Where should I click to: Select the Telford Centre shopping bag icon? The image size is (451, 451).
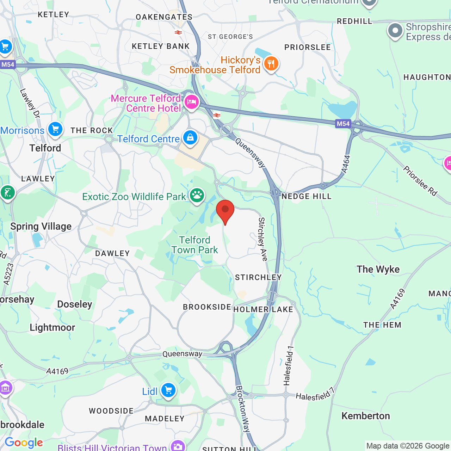point(190,137)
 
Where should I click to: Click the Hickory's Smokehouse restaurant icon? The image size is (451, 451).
point(271,64)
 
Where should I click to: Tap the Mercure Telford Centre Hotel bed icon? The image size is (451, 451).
point(192,102)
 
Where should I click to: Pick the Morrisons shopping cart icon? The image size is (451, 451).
point(55,129)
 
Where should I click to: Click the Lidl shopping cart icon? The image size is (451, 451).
point(168,390)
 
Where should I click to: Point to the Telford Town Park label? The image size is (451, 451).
point(195,245)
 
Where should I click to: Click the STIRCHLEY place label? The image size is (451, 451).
point(258,278)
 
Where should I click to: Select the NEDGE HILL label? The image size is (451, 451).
point(307,197)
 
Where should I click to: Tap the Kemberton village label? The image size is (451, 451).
point(366,416)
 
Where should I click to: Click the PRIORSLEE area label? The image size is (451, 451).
point(308,47)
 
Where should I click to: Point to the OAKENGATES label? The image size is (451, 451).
point(164,17)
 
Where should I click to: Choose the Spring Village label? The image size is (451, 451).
point(41,226)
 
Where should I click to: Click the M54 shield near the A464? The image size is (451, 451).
point(343,124)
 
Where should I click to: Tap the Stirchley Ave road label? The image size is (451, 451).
point(262,239)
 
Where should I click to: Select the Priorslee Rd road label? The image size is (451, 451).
point(420,181)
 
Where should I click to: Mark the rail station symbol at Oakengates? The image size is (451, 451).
point(178,32)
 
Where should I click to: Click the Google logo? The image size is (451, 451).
point(24,443)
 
